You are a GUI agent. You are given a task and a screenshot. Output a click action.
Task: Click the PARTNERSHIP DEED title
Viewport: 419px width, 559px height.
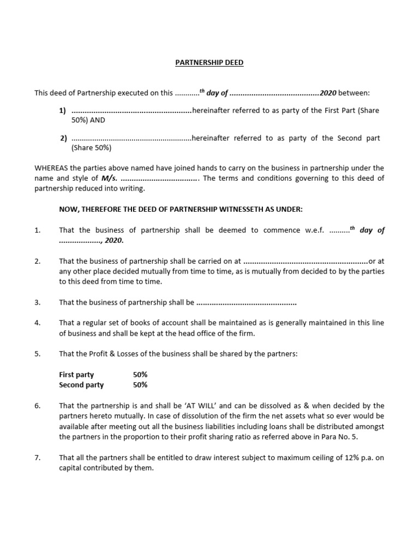click(209, 63)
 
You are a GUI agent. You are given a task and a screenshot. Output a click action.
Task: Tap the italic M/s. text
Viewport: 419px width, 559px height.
click(109, 178)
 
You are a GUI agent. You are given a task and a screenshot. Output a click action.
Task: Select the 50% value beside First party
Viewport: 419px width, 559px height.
click(140, 374)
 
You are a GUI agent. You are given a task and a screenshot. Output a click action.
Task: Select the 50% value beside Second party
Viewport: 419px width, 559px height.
click(140, 385)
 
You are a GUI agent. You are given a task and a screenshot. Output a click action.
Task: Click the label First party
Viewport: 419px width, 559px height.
click(76, 374)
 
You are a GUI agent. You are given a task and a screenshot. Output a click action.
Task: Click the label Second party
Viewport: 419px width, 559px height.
click(81, 385)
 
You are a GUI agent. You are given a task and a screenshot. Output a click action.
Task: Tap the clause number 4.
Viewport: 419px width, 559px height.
click(38, 323)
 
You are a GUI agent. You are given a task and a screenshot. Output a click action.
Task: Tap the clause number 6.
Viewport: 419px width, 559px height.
click(38, 406)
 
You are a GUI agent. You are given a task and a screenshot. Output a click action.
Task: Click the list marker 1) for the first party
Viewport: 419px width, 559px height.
click(62, 110)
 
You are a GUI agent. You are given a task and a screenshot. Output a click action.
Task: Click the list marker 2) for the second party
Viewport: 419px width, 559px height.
click(63, 138)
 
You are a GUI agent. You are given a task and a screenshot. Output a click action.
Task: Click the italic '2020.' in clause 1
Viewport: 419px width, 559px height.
click(114, 241)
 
